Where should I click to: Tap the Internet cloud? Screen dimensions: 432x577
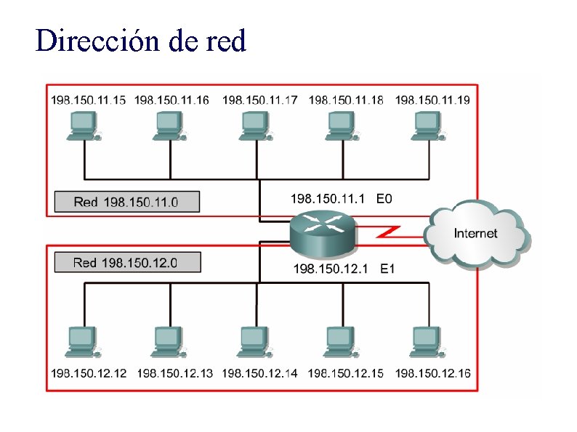point(476,234)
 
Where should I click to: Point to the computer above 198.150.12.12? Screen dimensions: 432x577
point(84,341)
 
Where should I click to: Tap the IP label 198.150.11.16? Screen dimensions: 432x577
point(172,100)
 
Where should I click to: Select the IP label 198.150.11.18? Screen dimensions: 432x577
point(346,100)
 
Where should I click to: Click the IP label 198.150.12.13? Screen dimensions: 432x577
point(174,373)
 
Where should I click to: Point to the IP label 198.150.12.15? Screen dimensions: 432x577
point(346,373)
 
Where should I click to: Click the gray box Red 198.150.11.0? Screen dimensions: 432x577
point(126,202)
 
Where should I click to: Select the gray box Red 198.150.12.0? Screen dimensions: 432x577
point(126,262)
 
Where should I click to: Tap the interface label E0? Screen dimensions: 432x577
point(384,197)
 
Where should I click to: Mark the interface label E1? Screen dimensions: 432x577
point(387,269)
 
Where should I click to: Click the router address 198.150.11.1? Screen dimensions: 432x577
point(327,197)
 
